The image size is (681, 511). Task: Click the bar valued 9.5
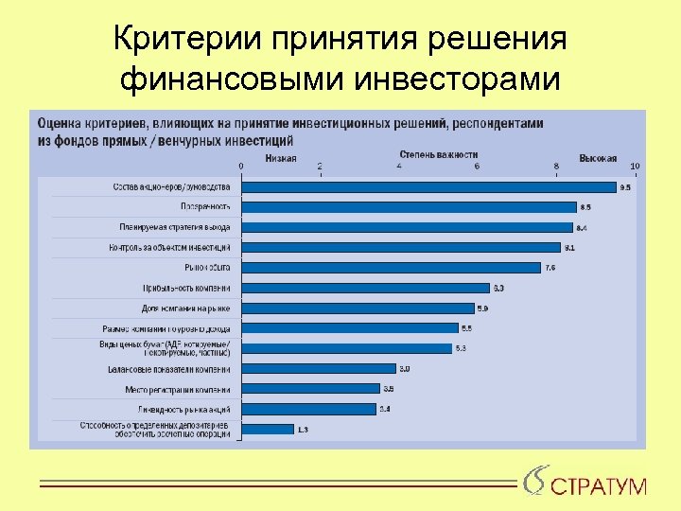coord(428,186)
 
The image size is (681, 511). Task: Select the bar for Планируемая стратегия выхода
coord(407,227)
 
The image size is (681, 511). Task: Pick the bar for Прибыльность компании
coord(365,288)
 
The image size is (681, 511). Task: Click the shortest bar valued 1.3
coord(268,429)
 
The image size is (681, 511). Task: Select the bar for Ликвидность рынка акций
coord(308,409)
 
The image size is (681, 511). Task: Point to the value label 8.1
coord(569,248)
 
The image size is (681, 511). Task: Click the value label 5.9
coord(482,308)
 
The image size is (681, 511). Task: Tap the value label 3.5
coord(388,389)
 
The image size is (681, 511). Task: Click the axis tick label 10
coord(635,167)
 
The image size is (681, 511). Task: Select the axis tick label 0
coord(240,167)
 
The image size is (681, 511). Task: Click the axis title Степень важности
coord(438,154)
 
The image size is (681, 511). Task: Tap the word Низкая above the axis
coord(280,158)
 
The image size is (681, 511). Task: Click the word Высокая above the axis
coord(598,158)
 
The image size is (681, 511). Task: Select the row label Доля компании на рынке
coord(185,308)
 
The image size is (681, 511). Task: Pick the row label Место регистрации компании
coord(177,389)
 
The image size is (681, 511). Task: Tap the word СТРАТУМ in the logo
coord(598,487)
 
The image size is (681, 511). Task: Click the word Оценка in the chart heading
coord(58,122)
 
